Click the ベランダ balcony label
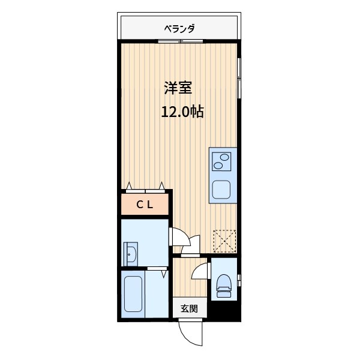pos(179,28)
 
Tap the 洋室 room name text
pos(178,88)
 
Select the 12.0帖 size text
pos(181,112)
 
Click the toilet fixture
pos(224,285)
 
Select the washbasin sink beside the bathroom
pos(130,253)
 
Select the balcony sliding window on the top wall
pos(180,41)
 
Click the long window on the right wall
pos(239,78)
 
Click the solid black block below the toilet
pos(224,310)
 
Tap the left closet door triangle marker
pos(129,185)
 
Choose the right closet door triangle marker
pos(162,185)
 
